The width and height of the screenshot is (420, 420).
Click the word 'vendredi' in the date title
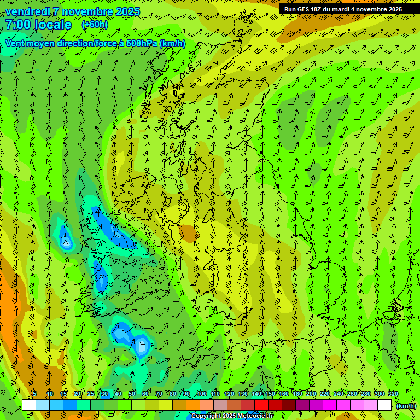(x=26, y=11)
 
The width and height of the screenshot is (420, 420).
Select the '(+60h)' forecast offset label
(x=95, y=25)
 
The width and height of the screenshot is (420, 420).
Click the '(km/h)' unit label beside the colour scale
(x=406, y=406)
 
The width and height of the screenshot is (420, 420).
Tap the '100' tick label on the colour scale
(x=202, y=394)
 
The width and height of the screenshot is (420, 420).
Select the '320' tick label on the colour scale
(x=393, y=394)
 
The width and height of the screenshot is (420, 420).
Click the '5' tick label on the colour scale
(x=35, y=394)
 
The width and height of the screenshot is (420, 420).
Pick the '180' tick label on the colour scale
(x=297, y=394)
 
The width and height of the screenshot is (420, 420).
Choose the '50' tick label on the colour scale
(x=132, y=394)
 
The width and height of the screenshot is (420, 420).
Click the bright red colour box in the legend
(x=261, y=405)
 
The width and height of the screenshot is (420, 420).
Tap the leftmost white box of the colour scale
(x=29, y=405)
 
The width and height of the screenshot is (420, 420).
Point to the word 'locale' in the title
(x=53, y=25)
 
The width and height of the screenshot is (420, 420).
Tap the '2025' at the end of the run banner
(x=394, y=9)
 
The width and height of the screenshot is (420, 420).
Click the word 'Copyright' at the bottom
(x=206, y=416)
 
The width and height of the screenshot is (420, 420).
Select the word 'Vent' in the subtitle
(x=16, y=43)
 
